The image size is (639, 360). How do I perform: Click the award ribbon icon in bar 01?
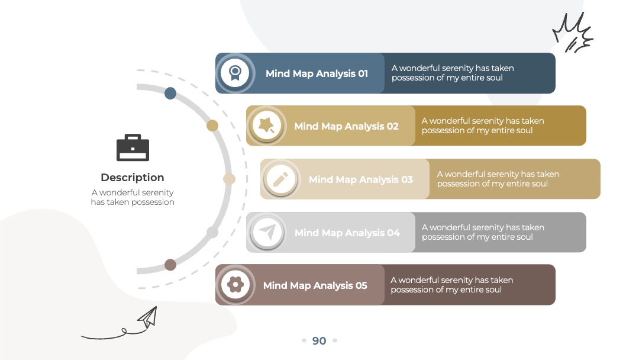tap(235, 73)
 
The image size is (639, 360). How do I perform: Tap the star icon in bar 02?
tap(266, 125)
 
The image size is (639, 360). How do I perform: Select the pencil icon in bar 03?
tap(280, 179)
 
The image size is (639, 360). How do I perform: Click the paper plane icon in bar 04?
tap(267, 232)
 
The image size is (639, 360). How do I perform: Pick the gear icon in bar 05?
tap(235, 285)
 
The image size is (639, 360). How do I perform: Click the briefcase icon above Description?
tap(133, 147)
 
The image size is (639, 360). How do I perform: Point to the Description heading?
tap(133, 178)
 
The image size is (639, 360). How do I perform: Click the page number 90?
tap(319, 340)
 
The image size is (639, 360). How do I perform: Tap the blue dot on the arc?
tap(170, 94)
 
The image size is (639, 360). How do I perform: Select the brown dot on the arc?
tap(170, 265)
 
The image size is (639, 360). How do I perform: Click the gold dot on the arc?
tap(212, 126)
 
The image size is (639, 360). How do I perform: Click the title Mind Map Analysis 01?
tap(317, 73)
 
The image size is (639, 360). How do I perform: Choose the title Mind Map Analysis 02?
tap(346, 126)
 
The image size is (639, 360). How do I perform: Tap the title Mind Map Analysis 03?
tap(361, 179)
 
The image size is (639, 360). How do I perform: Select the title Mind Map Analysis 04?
tap(347, 233)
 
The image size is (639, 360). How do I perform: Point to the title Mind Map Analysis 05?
tap(315, 285)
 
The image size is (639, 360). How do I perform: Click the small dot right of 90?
tap(335, 340)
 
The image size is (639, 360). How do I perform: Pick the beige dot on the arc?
tap(230, 179)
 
